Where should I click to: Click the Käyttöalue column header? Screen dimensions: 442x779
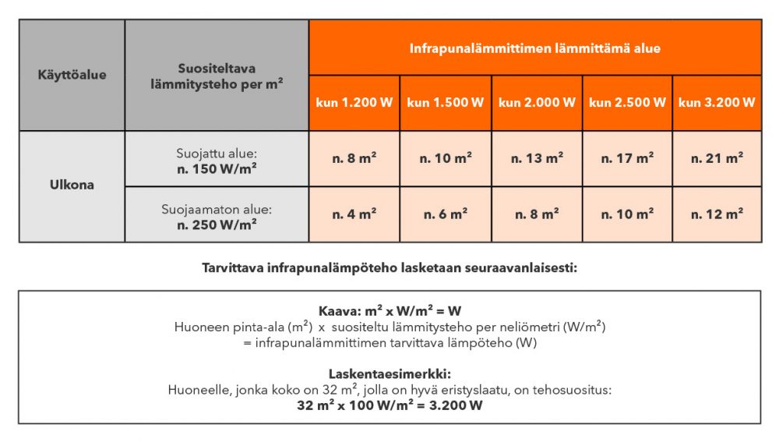[72, 76]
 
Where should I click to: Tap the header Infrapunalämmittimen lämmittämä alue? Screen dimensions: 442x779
[535, 48]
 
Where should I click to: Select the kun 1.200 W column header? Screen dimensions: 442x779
[354, 103]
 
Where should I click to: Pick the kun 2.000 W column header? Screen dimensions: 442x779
[537, 103]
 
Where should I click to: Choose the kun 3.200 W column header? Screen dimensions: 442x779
[717, 103]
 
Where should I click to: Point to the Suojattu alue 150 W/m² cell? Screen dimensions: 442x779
[216, 159]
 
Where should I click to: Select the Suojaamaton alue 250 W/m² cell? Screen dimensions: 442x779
[216, 215]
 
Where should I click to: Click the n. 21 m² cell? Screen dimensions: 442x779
[717, 158]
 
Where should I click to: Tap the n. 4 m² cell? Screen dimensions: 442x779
[354, 214]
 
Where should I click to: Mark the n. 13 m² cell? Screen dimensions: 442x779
[537, 158]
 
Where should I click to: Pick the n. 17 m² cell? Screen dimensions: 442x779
[627, 158]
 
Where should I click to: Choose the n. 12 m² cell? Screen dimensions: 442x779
[717, 214]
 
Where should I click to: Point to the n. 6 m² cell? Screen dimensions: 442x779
[446, 214]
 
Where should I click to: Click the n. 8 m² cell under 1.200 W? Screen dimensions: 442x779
[354, 158]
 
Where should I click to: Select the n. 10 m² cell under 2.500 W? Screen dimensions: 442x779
[627, 214]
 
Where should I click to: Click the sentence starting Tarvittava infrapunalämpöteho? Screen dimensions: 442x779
[389, 270]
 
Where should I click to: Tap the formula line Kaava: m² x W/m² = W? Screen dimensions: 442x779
[389, 311]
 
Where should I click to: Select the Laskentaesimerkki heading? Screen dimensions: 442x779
[389, 373]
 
